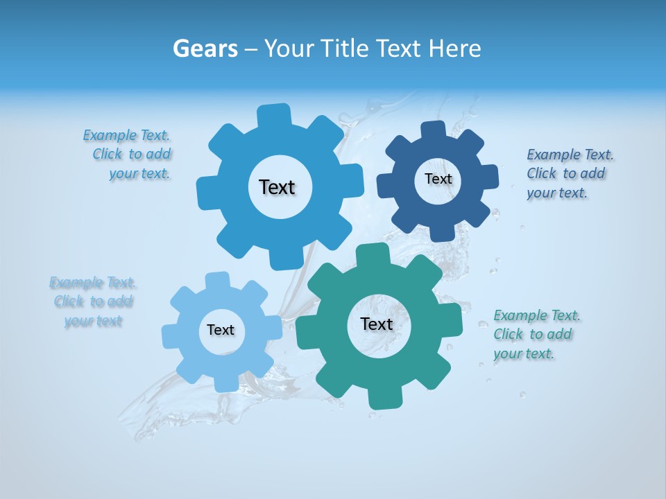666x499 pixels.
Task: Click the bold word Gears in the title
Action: coord(205,49)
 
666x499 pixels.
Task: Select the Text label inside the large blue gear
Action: coord(277,187)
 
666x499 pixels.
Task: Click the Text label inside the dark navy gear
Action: coord(438,179)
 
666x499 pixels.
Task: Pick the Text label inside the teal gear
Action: coord(377,324)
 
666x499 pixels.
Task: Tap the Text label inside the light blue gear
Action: coord(221,331)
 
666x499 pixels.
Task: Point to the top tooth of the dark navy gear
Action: coord(433,130)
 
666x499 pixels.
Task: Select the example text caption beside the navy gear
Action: coord(569,174)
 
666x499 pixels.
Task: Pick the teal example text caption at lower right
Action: coord(536,335)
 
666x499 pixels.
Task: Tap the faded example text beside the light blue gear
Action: coord(92,302)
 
